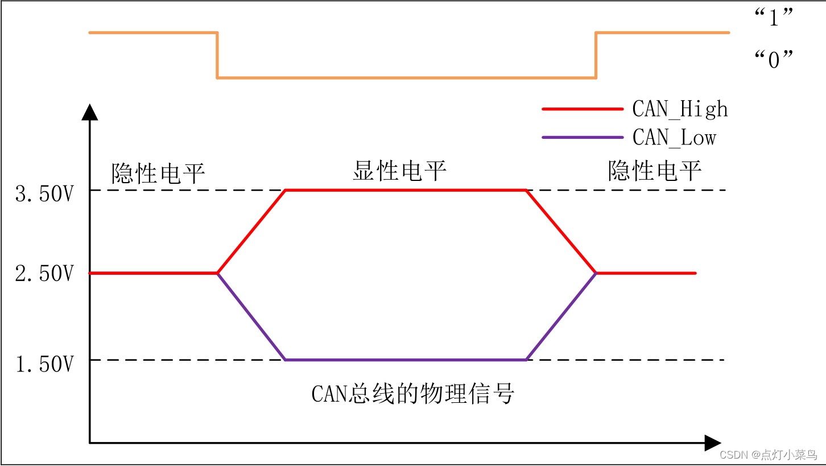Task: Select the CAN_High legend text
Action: point(680,108)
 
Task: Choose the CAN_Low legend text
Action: point(674,137)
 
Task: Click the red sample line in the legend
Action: point(583,108)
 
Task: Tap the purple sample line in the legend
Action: point(583,137)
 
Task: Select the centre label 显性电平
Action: point(399,170)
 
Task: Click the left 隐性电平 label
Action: point(158,173)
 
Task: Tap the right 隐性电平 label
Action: point(655,170)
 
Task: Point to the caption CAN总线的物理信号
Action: point(413,393)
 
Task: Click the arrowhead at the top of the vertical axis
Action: point(90,112)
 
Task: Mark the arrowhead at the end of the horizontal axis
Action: point(712,442)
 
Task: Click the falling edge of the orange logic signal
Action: point(217,55)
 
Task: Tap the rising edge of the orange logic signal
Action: point(596,55)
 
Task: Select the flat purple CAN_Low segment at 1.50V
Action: point(406,360)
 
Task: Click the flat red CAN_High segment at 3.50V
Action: point(406,190)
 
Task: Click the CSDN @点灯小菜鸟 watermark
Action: point(768,454)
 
